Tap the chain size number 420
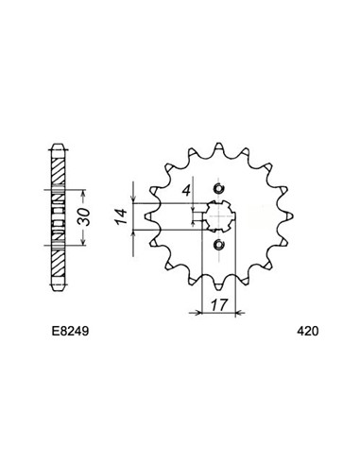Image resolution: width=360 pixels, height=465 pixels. [307, 333]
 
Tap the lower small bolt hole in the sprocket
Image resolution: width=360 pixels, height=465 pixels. [219, 247]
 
